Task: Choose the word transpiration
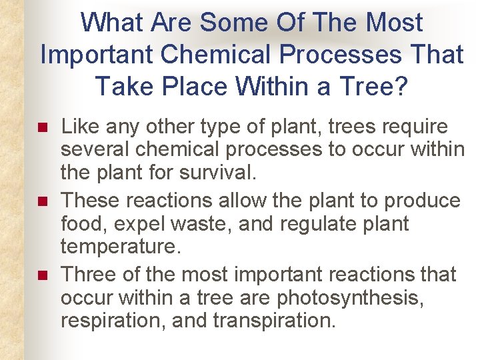pyautogui.click(x=274, y=321)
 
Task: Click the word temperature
pyautogui.click(x=121, y=247)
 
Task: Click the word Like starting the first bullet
pyautogui.click(x=79, y=127)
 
